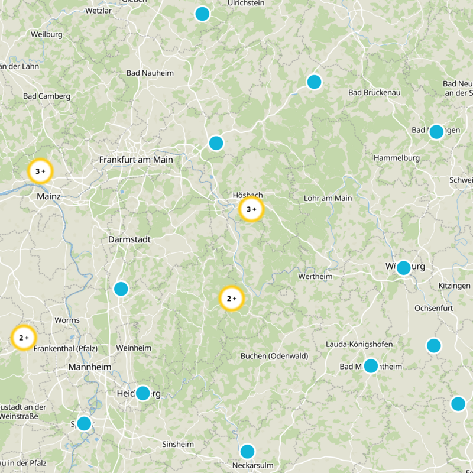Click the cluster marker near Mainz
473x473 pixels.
[x=40, y=171]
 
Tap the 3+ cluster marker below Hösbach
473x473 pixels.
[x=251, y=209]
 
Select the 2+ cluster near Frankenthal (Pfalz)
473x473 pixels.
[x=24, y=338]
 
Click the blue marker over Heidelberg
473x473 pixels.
[x=142, y=393]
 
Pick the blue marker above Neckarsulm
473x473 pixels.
[x=247, y=452]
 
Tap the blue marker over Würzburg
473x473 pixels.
[x=403, y=268]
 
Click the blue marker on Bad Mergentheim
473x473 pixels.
[x=371, y=366]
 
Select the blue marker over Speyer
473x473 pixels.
[x=84, y=423]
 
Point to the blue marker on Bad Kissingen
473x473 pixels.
[x=436, y=132]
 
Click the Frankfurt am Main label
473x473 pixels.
[x=136, y=160]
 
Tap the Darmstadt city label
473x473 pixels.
[x=129, y=239]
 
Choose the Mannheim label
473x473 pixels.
[x=90, y=367]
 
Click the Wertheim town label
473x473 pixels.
[x=315, y=276]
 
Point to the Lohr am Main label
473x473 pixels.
[x=328, y=198]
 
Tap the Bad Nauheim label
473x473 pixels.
[x=150, y=73]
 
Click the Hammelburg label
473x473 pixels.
[x=397, y=158]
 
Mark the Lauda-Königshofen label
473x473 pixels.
[x=359, y=344]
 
